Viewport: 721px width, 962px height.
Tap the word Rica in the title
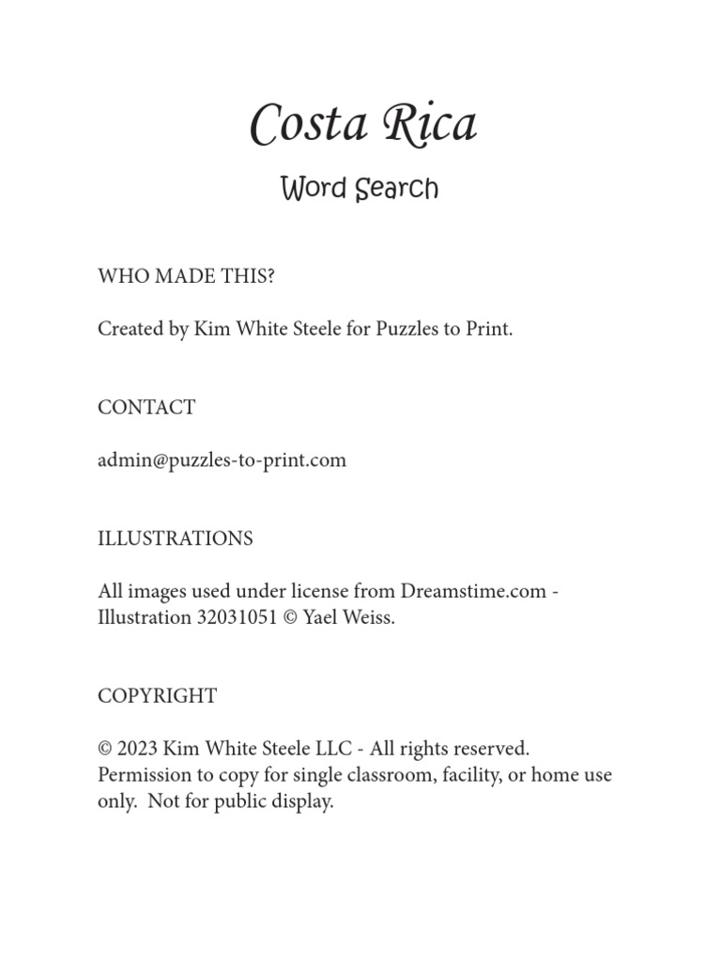tap(427, 125)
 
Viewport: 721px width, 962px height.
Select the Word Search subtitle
tap(360, 189)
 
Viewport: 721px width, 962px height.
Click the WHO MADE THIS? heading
tap(187, 276)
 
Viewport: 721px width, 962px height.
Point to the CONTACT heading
tap(146, 408)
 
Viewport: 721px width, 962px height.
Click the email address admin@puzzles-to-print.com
tap(222, 460)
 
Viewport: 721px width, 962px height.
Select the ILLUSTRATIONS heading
tap(176, 539)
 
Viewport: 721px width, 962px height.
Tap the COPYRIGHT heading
tap(157, 696)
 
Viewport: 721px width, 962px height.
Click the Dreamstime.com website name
tap(473, 592)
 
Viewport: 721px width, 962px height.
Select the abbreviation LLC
tap(333, 749)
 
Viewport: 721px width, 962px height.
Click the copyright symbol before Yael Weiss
tap(289, 619)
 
